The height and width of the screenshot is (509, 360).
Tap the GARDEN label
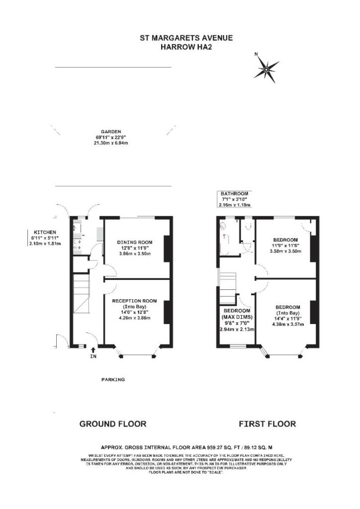coord(112,132)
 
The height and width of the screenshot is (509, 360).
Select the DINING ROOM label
coord(134,236)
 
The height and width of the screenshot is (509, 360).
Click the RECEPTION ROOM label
coord(134,301)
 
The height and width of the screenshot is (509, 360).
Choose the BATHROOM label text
coord(234,193)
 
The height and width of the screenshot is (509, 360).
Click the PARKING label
coord(113,379)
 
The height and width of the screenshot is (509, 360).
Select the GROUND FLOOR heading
coord(113,424)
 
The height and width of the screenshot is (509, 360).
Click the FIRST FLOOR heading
coord(267,424)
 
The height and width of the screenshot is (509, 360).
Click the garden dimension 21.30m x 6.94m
coord(112,143)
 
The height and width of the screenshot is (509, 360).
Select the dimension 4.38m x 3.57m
coord(288,324)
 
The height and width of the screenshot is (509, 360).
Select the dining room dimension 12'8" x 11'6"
coord(134,247)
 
